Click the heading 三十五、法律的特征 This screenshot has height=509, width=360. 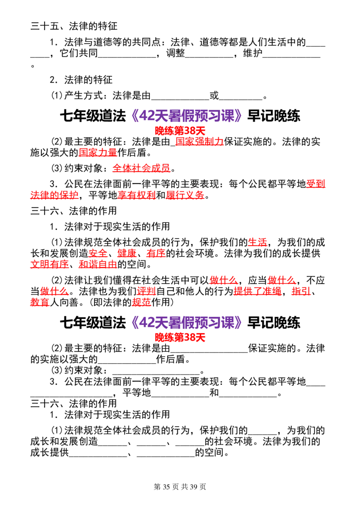(x=74, y=26)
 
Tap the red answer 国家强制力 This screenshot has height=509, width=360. (x=199, y=142)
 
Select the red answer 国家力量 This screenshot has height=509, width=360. (x=98, y=152)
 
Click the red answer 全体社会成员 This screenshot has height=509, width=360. (x=141, y=168)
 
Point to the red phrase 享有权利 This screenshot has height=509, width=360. (x=136, y=195)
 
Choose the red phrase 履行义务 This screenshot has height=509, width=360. (x=185, y=195)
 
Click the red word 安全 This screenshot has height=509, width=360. (x=98, y=253)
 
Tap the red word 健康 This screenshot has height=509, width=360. (x=127, y=253)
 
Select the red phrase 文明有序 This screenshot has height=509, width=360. (x=49, y=264)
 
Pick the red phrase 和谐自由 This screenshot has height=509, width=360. (x=98, y=264)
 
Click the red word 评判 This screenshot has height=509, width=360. (x=146, y=291)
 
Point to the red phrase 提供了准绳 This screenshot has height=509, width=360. (x=258, y=291)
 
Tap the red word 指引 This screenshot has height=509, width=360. (x=301, y=291)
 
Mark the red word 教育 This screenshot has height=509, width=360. (x=40, y=302)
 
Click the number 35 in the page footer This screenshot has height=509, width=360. (x=166, y=487)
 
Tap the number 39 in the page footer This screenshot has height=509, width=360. (x=193, y=487)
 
